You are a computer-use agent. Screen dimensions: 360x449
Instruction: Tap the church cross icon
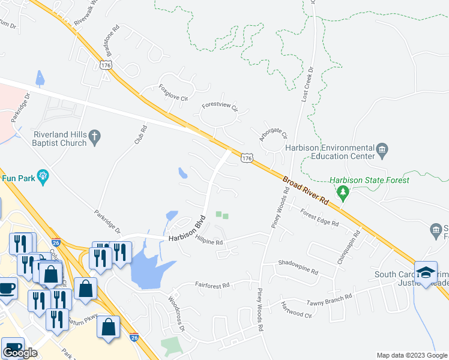pyautogui.click(x=94, y=138)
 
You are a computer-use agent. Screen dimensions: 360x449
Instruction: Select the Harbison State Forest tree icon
pyautogui.click(x=343, y=193)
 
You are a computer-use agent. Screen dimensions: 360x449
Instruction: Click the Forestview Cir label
pyautogui.click(x=220, y=107)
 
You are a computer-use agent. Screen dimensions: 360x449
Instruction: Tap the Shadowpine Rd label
pyautogui.click(x=298, y=266)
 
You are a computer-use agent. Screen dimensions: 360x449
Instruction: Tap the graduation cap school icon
pyautogui.click(x=426, y=272)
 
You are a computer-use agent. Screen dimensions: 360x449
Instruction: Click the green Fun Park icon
pyautogui.click(x=43, y=176)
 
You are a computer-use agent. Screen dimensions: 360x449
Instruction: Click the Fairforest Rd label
pyautogui.click(x=212, y=286)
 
